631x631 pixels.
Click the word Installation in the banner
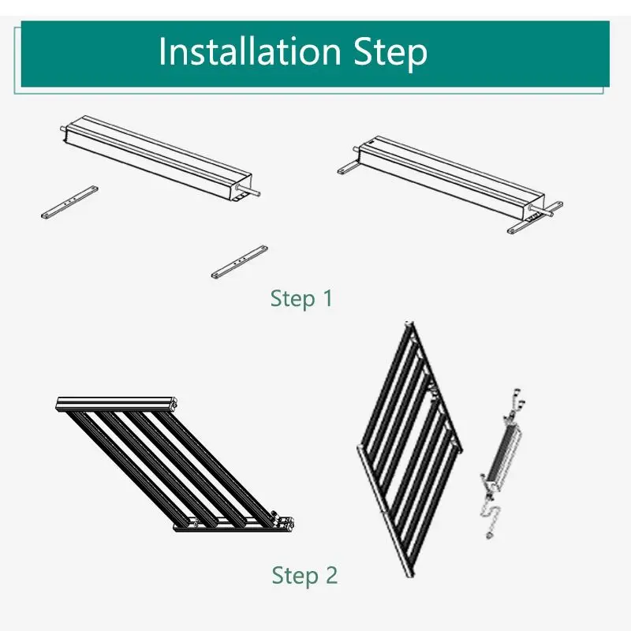(249, 51)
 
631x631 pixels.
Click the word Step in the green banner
(390, 53)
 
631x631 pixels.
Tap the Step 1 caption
(301, 299)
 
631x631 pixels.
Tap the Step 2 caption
(304, 576)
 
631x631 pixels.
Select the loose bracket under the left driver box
(69, 202)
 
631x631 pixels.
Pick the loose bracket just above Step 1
(240, 262)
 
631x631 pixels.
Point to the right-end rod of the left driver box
(249, 190)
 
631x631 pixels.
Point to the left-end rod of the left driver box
(63, 129)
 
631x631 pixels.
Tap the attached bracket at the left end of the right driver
(349, 167)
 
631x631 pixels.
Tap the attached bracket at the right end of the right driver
(536, 218)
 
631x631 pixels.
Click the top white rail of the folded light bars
(117, 403)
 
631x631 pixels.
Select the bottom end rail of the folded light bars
(233, 525)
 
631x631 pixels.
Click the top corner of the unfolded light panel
(409, 323)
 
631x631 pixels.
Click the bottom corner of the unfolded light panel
(409, 573)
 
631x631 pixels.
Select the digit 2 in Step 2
(330, 575)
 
